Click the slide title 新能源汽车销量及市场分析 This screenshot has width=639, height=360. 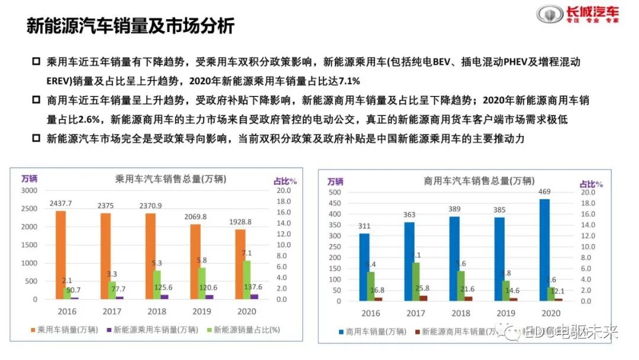[131, 26]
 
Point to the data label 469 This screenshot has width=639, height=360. [544, 192]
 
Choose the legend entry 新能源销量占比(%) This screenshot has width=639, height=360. [242, 330]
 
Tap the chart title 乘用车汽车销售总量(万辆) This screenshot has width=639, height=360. [170, 179]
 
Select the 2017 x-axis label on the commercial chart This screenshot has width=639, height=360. [417, 313]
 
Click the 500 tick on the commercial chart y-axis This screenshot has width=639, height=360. [335, 192]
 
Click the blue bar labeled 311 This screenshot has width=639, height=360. [364, 267]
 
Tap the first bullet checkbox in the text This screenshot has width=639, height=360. [36, 62]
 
